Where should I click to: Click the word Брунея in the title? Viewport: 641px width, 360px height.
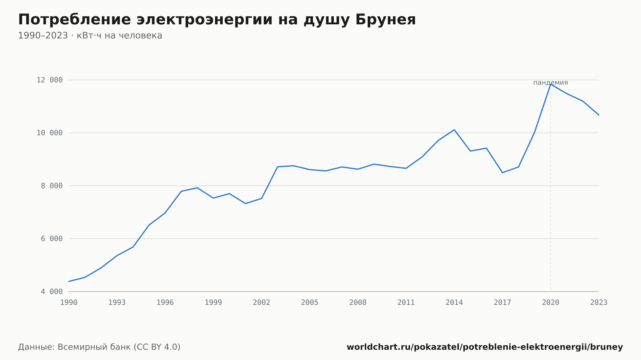tap(386, 20)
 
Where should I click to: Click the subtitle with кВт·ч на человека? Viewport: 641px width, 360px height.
tap(90, 36)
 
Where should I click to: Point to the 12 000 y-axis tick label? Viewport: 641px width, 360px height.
tap(50, 80)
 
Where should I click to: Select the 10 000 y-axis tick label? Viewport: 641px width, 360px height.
tap(50, 133)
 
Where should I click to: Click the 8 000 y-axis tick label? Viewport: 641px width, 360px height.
tap(52, 186)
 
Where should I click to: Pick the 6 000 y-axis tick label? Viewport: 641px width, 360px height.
tap(52, 239)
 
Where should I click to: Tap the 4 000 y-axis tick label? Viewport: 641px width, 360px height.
tap(52, 291)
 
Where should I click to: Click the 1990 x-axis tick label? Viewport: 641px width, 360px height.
tap(69, 303)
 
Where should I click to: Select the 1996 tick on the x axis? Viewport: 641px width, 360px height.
tap(165, 303)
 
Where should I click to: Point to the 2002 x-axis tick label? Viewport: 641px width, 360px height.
tap(262, 303)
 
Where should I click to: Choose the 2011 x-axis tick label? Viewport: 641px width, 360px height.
tap(406, 303)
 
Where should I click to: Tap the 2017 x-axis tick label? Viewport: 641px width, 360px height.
tap(503, 303)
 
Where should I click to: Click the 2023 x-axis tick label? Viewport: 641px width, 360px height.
tap(599, 303)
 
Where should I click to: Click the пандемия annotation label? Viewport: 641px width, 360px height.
tap(551, 83)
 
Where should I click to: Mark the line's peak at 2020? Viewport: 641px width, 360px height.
tap(551, 84)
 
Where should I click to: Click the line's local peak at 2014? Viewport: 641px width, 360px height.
tap(454, 130)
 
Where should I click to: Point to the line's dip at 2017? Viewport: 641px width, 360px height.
tap(503, 173)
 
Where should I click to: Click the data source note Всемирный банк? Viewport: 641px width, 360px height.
tap(99, 347)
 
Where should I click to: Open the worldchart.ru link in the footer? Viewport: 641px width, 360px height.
tap(485, 347)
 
